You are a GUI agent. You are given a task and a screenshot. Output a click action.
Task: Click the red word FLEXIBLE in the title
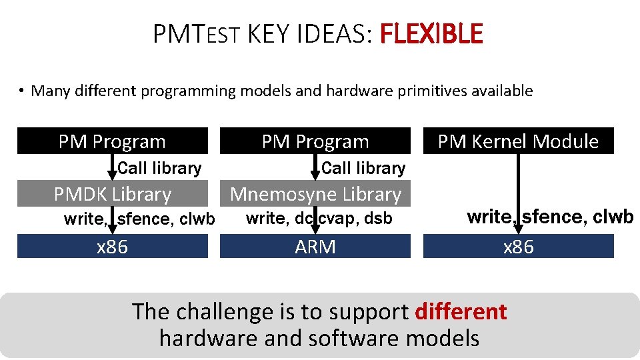(430, 33)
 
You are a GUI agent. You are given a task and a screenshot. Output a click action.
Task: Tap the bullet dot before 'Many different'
(22, 91)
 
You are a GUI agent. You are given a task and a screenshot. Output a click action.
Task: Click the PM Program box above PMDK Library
(112, 141)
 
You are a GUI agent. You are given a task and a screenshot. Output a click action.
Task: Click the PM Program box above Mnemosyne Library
(315, 141)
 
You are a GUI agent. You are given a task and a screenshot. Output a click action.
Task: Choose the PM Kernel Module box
(518, 141)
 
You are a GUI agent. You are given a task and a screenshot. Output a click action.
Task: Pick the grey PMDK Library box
(112, 194)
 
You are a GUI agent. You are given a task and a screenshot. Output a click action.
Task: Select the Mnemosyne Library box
(315, 194)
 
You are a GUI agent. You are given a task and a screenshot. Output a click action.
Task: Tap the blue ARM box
(315, 247)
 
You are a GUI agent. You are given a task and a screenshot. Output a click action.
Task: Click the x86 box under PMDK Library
(112, 247)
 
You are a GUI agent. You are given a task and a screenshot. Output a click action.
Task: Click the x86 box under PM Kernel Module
(518, 247)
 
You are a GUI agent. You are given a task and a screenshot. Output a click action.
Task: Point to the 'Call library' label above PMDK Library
(159, 168)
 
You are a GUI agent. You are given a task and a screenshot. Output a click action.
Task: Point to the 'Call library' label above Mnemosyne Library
(363, 168)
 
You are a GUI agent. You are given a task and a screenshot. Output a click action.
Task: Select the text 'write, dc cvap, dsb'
(319, 218)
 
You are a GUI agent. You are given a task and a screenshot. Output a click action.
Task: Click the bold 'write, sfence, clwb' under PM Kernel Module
(550, 217)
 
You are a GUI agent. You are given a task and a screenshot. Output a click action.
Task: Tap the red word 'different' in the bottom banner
(461, 311)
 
